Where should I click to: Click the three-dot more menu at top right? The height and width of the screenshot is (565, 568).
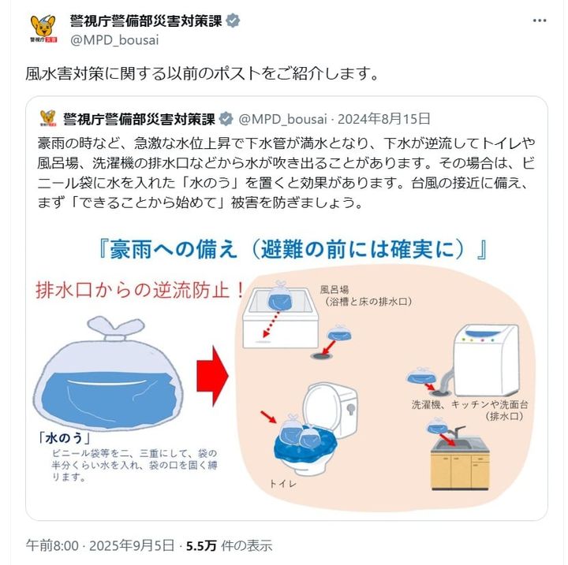point(539,20)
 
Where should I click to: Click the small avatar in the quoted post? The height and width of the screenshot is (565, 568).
point(48,119)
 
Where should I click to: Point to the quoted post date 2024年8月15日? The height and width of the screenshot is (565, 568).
point(384,119)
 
